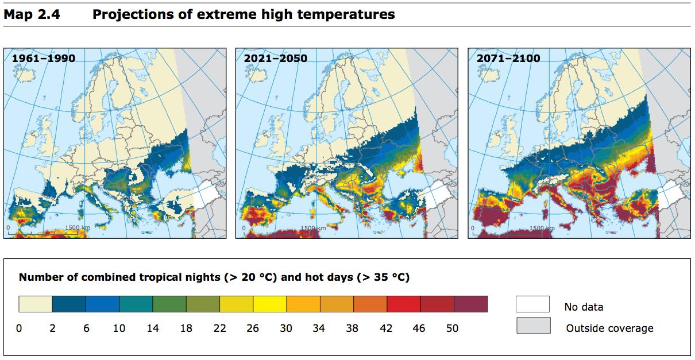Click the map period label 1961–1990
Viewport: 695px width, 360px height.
tap(43, 59)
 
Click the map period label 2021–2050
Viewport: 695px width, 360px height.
tap(275, 59)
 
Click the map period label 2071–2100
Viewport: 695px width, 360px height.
tap(508, 59)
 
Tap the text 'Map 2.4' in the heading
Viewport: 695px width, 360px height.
tap(32, 14)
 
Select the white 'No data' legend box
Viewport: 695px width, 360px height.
tap(532, 304)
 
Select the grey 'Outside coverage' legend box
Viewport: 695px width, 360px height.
tap(533, 326)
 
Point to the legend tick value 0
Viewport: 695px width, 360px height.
tap(19, 328)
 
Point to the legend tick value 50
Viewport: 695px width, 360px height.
tap(453, 328)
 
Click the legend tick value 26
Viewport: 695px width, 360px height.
tap(253, 328)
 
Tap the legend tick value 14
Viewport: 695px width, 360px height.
tap(153, 328)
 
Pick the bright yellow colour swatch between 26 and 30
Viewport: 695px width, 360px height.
tap(269, 304)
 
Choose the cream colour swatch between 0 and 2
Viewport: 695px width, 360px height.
tap(36, 304)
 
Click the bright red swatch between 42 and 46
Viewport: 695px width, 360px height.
tap(403, 304)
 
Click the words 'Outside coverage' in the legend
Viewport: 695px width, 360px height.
tap(609, 328)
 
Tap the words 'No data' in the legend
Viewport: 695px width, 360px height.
tap(584, 307)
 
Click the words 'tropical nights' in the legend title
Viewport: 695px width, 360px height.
tap(185, 278)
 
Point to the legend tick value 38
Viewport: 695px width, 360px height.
tap(352, 328)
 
